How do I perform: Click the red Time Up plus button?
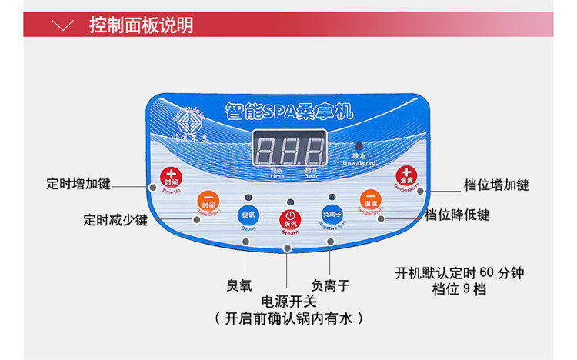(x=171, y=178)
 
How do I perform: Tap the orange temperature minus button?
(x=371, y=201)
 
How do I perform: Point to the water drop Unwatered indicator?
(x=358, y=148)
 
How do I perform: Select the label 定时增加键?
(x=78, y=185)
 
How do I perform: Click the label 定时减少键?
(x=115, y=219)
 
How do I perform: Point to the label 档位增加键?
(x=496, y=185)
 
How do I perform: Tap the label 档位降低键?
(x=457, y=215)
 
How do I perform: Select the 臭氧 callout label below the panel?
(x=239, y=285)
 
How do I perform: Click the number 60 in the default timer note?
(x=485, y=273)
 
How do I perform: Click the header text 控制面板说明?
(x=141, y=25)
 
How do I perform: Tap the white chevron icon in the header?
(x=66, y=25)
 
